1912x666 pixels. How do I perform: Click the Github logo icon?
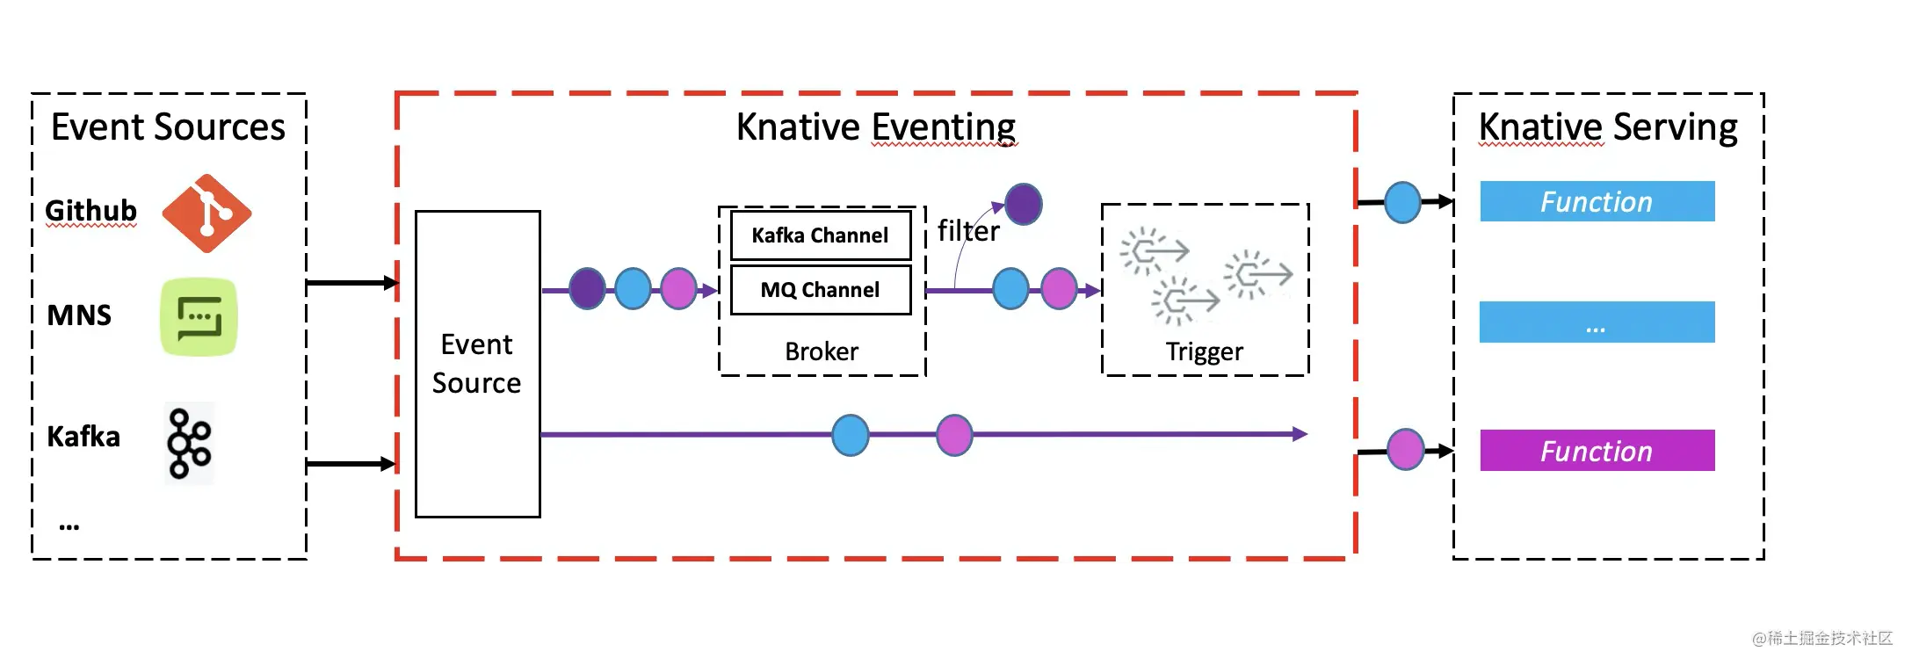pos(206,214)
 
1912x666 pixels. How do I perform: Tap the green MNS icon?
pos(199,317)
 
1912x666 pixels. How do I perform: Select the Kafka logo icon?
pos(190,443)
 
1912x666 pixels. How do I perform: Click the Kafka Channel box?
pos(821,235)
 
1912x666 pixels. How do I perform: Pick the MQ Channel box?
pos(821,290)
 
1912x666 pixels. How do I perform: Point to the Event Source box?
pos(477,364)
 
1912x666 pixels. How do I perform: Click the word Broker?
pos(822,351)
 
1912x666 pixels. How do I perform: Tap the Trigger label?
pos(1205,352)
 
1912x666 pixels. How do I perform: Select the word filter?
pos(968,231)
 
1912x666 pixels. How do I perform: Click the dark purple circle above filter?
pos(1024,204)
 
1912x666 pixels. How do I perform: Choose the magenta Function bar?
pos(1597,451)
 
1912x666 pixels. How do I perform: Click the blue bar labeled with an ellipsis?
pos(1597,322)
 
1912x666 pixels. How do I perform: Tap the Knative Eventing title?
pos(876,127)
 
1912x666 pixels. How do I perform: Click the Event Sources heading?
pos(168,127)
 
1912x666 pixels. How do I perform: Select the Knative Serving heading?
pos(1608,127)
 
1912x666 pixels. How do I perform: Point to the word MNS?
pos(79,315)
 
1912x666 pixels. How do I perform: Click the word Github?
pos(91,211)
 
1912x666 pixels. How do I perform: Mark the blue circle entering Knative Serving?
pos(1402,203)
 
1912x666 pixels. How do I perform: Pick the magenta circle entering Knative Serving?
pos(1406,450)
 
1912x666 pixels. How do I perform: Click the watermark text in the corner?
pos(1822,639)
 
